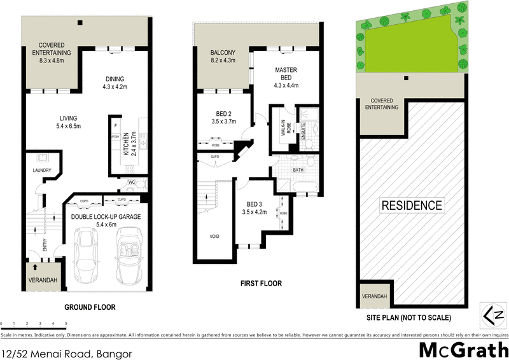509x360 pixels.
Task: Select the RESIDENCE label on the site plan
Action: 412,205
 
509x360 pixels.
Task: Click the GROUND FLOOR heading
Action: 90,307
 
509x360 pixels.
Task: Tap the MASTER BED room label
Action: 286,77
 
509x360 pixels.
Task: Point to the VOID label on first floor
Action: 216,236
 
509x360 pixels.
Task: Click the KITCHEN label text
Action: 126,144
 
